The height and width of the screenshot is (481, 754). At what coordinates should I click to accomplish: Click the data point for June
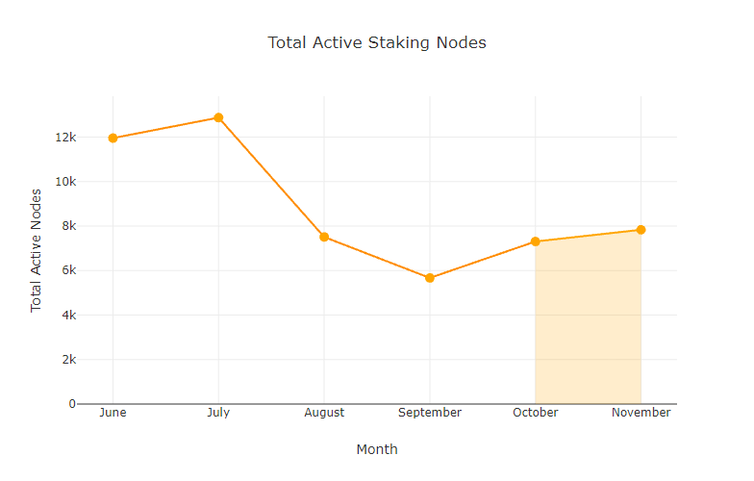coord(113,138)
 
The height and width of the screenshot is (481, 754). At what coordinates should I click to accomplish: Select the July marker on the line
coord(218,118)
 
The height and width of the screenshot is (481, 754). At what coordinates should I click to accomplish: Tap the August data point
coord(324,237)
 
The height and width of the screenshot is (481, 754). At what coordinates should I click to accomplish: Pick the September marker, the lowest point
coord(430,278)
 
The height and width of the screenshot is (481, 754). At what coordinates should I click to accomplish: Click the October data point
coord(536,241)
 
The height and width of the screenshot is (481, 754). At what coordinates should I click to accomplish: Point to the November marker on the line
coord(641,230)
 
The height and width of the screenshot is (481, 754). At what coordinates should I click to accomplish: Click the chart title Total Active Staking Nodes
coord(377,43)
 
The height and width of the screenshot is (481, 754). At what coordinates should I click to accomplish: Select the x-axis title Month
coord(377,449)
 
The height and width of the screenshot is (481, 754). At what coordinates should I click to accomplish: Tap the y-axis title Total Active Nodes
coord(37,249)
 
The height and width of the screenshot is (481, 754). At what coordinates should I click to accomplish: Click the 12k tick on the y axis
coord(65,137)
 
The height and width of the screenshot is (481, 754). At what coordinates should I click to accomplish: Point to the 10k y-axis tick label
coord(65,181)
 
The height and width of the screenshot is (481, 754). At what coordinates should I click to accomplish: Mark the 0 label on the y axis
coord(71,404)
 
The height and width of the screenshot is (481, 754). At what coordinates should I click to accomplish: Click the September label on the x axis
coord(430,413)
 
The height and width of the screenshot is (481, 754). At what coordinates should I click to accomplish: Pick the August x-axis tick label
coord(324,413)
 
